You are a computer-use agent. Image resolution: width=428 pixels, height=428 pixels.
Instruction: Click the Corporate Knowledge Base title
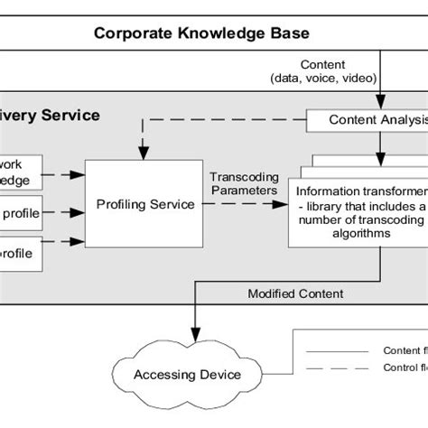pyautogui.click(x=202, y=34)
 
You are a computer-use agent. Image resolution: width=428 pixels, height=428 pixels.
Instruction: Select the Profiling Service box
pyautogui.click(x=145, y=204)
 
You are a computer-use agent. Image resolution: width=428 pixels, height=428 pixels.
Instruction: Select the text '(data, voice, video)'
pyautogui.click(x=323, y=79)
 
